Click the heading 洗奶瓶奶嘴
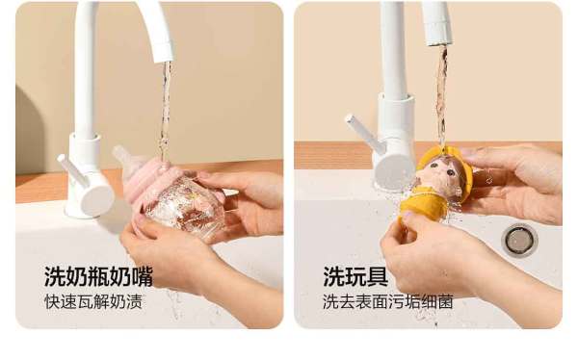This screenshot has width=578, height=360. pos(98,276)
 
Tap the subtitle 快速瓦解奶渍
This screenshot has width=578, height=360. pos(93,301)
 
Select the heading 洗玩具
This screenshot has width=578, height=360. pos(355,276)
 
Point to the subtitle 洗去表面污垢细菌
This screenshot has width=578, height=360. pos(388,301)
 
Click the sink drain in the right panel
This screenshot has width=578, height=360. pos(519,240)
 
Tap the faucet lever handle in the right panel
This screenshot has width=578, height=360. pos(361,132)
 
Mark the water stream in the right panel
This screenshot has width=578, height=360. pos(441,95)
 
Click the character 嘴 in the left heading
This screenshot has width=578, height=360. pos(142,276)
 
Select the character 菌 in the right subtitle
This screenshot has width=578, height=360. pos(445,301)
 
